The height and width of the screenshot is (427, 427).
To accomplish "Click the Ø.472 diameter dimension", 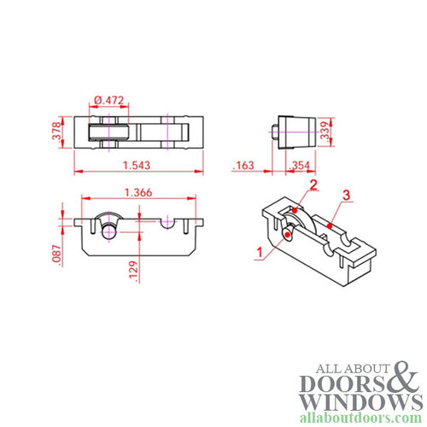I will [109, 100].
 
